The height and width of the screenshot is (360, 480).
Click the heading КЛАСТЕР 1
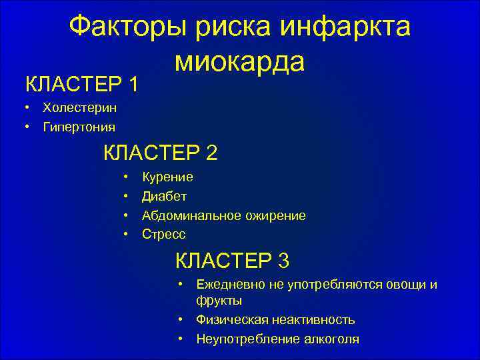(82, 85)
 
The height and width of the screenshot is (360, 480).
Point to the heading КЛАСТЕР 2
(160, 153)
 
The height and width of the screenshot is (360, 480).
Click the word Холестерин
(74, 108)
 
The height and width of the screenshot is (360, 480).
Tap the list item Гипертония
(79, 127)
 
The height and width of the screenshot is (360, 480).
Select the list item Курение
(168, 177)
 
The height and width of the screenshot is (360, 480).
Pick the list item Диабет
(165, 197)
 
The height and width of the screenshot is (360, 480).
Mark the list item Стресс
(164, 235)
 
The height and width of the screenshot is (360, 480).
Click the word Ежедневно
(230, 285)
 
